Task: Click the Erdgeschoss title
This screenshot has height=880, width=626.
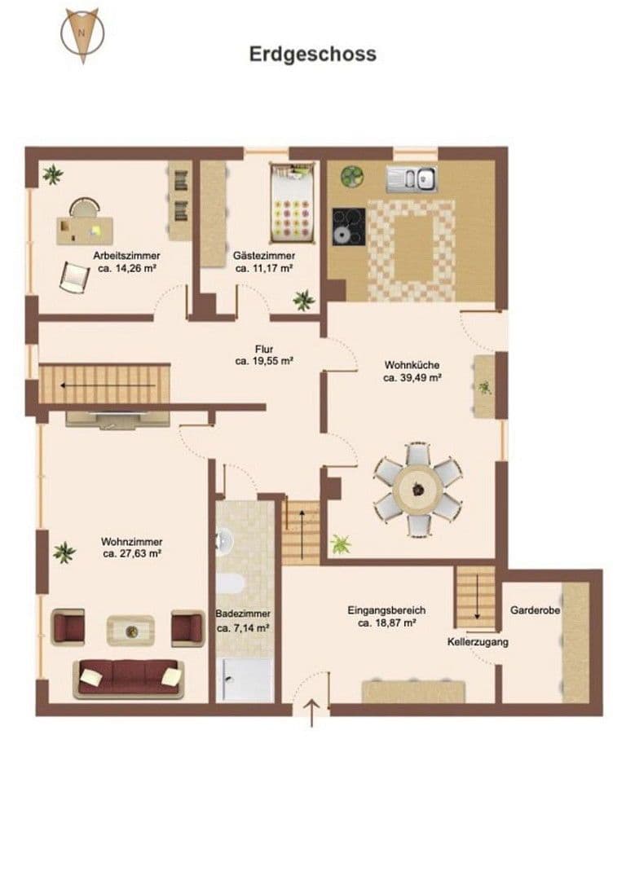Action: (312, 54)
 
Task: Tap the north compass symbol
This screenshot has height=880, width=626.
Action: (82, 35)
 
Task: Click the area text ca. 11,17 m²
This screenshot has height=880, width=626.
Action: (264, 268)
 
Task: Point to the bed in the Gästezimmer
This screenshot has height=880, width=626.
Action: (292, 204)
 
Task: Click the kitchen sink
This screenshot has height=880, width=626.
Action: (412, 178)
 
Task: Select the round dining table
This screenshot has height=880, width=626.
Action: (417, 489)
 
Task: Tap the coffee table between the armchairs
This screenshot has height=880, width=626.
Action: (130, 629)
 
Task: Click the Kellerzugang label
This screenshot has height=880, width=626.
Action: (478, 642)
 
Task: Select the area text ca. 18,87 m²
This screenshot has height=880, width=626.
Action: (387, 623)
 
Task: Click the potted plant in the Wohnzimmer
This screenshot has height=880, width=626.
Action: (64, 552)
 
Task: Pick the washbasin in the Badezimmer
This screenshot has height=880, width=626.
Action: (223, 541)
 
